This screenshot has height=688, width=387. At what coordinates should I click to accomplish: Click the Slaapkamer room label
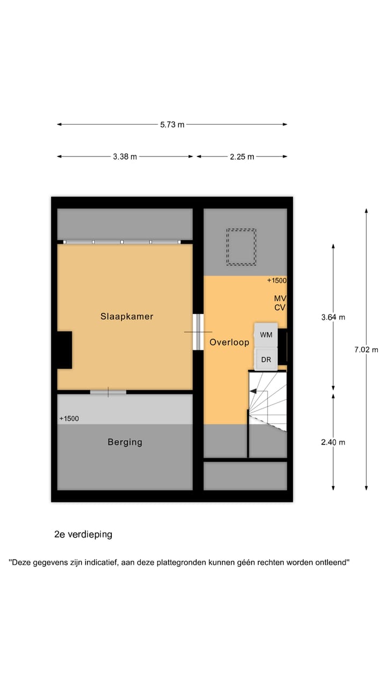[127, 317]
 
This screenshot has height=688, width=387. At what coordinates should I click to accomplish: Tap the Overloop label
[230, 342]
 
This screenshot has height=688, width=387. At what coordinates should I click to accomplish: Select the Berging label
[125, 442]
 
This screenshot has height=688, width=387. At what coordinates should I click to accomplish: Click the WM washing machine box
[266, 334]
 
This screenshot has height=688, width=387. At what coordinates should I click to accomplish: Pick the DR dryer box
[266, 360]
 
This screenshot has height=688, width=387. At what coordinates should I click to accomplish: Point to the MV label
[279, 298]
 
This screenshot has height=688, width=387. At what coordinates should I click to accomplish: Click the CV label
[279, 307]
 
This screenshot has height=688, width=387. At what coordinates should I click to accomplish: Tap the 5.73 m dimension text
[172, 124]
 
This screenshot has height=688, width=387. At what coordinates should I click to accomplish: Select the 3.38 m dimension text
[125, 156]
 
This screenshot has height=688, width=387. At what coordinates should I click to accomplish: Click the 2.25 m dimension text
[242, 156]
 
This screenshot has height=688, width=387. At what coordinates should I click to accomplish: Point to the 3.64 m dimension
[333, 317]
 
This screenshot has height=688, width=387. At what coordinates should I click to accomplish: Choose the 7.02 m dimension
[367, 349]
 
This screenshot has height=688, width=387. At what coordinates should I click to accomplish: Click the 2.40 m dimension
[333, 442]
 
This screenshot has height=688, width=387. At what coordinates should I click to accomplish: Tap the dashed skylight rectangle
[241, 247]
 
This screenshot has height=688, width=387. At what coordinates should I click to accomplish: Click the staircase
[267, 400]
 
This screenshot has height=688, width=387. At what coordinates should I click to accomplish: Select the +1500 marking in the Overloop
[277, 281]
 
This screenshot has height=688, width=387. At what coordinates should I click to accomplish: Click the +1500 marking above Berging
[69, 418]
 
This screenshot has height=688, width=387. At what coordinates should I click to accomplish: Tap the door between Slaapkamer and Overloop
[198, 332]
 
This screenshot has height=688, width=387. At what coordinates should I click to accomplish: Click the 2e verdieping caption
[83, 534]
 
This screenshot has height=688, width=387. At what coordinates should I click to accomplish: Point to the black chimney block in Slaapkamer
[64, 350]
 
